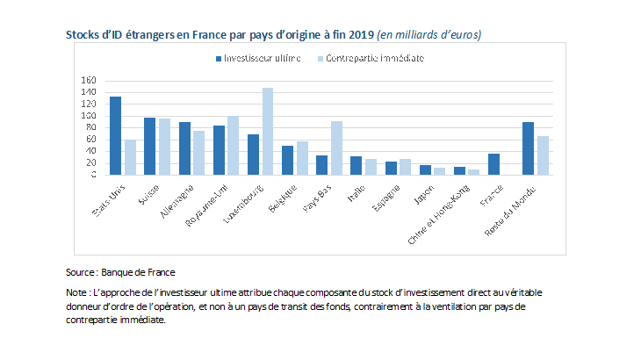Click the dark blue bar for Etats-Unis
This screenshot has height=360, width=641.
pyautogui.click(x=115, y=135)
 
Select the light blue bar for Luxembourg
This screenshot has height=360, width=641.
pyautogui.click(x=268, y=131)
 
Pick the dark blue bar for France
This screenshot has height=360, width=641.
pyautogui.click(x=493, y=163)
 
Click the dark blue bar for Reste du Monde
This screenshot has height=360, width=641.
pyautogui.click(x=528, y=148)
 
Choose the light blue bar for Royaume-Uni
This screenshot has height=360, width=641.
pyautogui.click(x=233, y=145)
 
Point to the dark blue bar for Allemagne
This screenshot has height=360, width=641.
pyautogui.click(x=184, y=148)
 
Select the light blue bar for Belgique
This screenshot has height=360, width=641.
pyautogui.click(x=302, y=157)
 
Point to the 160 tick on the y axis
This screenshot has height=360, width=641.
pyautogui.click(x=89, y=80)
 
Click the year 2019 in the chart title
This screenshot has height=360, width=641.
pyautogui.click(x=358, y=34)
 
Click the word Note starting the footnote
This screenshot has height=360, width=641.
pyautogui.click(x=76, y=292)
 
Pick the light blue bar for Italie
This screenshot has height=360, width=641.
pyautogui.click(x=371, y=166)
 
